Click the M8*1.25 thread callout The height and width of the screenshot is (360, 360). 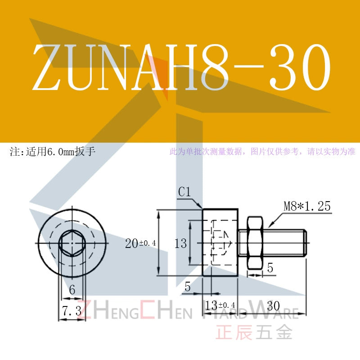pos(307,206)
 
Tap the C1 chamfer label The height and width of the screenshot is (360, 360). pos(184,192)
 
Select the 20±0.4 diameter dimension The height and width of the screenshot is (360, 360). pos(140,243)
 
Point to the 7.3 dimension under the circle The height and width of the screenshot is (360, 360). pos(72,311)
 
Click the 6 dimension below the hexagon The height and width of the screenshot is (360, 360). pos(72,290)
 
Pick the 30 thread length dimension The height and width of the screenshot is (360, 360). pos(274,306)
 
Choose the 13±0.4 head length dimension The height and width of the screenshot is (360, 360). pos(220,306)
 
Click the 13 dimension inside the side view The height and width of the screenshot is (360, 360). pos(181,243)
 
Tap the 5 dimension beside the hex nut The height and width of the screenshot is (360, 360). pos(270,268)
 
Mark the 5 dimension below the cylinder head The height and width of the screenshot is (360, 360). pos(188,287)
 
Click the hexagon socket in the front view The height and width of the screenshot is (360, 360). pos(72,243)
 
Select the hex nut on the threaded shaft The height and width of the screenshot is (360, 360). pos(255,243)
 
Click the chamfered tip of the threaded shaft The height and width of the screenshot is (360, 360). pos(305,243)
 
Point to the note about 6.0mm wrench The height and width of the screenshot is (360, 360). pos(53,152)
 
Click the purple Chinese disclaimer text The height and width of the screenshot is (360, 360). pos(262,152)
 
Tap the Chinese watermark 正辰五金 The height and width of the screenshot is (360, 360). pos(254,332)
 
